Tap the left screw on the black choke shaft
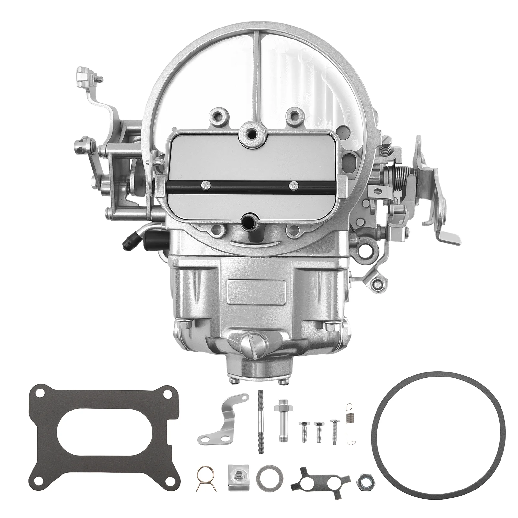[x=206, y=185]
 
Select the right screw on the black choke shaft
[x=293, y=185]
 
